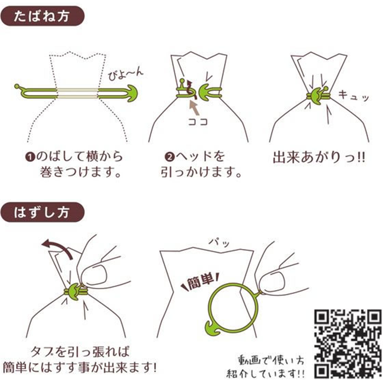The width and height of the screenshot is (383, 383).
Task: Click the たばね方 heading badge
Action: tap(42, 16)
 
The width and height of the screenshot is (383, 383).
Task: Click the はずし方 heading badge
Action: tap(42, 213)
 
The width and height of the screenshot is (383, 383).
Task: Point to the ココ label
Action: tap(198, 122)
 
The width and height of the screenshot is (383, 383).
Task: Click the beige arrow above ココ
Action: tap(195, 108)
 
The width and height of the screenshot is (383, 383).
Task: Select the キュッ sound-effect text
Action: tap(353, 95)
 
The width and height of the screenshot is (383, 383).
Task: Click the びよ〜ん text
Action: tap(125, 74)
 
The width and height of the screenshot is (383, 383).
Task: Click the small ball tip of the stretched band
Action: tap(17, 86)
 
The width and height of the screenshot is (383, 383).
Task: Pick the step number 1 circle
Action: tap(30, 157)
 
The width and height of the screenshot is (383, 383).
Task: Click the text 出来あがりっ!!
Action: tap(319, 157)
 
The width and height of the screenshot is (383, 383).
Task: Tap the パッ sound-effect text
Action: tap(219, 243)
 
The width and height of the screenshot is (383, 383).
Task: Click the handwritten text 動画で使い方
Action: tap(271, 360)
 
